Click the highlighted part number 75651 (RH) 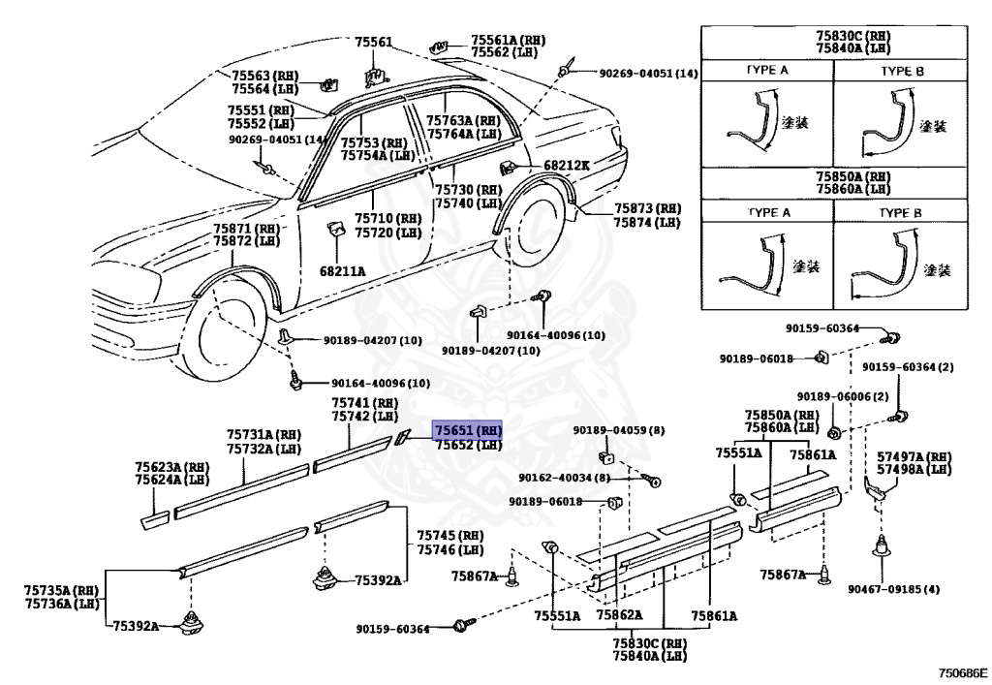tap(468, 430)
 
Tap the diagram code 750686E tap(961, 671)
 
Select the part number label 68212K tap(566, 166)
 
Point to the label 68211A tap(342, 271)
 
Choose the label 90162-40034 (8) tap(564, 478)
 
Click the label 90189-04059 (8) tap(618, 430)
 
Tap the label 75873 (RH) tap(646, 208)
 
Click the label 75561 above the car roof tap(373, 42)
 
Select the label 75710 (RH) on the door tap(387, 219)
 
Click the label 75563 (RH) tap(264, 76)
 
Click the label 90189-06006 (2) tap(842, 396)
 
